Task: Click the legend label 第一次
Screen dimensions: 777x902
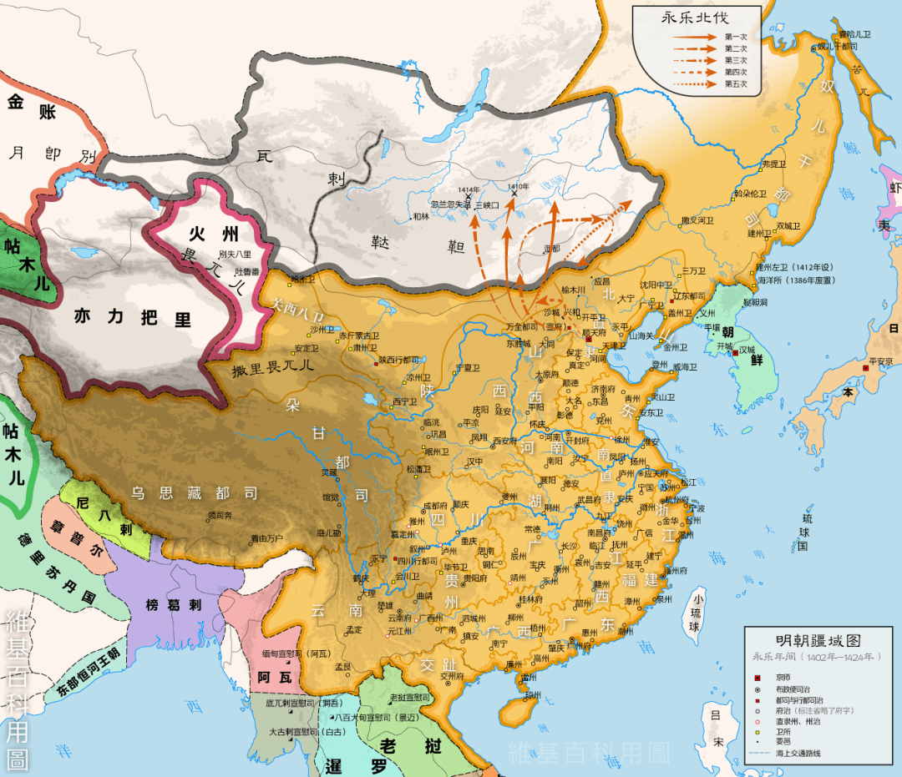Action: tap(735, 37)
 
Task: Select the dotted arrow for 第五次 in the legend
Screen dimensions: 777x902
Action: tap(693, 84)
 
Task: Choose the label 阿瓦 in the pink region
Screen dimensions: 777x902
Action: tap(273, 678)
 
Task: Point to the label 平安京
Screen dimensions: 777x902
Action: tap(881, 361)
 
